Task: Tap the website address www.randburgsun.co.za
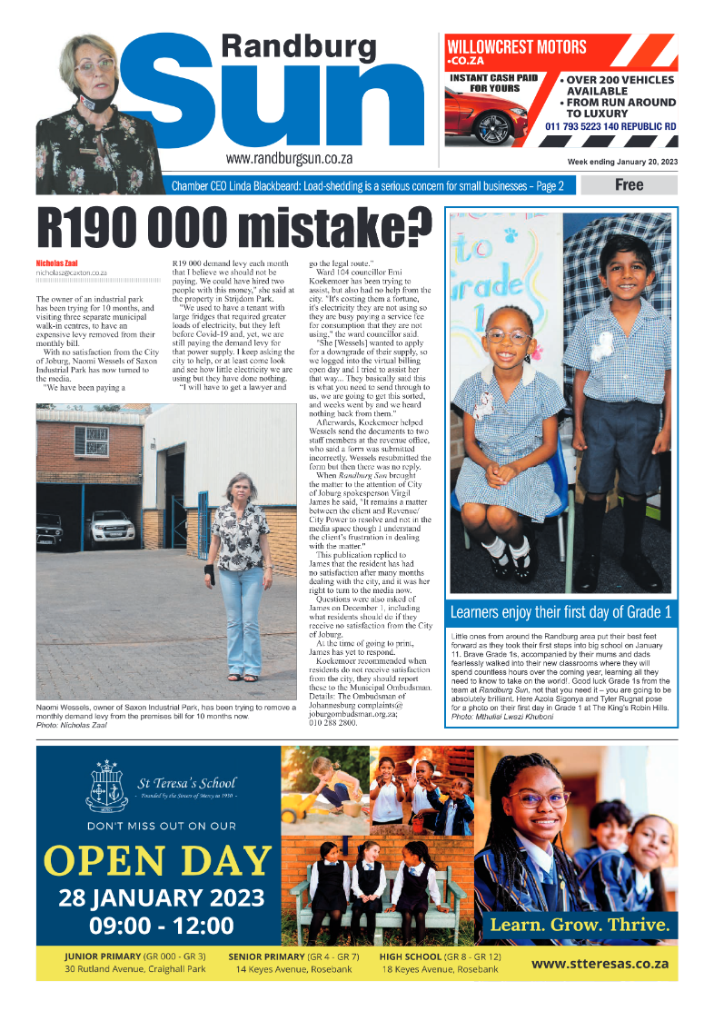[x=289, y=158]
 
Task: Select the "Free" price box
[x=629, y=185]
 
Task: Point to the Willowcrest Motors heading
[x=514, y=46]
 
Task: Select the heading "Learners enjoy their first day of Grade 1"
[x=560, y=610]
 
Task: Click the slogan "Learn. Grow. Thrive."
[x=580, y=926]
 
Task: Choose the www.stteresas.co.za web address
[x=600, y=964]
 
